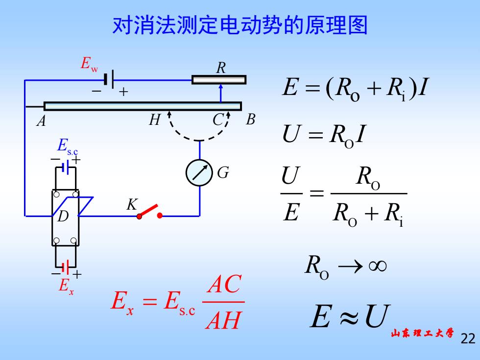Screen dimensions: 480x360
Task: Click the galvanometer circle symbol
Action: tap(199, 172)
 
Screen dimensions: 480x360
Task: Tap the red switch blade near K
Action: tap(149, 210)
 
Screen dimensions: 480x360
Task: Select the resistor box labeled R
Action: tap(219, 80)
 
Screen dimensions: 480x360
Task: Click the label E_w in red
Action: tap(89, 64)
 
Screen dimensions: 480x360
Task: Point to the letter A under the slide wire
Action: tap(41, 121)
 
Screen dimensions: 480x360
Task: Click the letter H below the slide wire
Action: tap(155, 120)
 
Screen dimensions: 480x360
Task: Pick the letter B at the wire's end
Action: tap(250, 120)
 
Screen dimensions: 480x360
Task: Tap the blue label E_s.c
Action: tap(68, 146)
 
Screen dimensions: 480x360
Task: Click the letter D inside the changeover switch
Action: tap(63, 216)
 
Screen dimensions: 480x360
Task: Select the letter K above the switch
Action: tap(132, 205)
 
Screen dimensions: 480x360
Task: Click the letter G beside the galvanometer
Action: tap(223, 172)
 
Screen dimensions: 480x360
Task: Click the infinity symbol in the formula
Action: tap(378, 265)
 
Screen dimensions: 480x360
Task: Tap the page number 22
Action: tap(468, 338)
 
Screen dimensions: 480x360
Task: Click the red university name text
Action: tap(422, 333)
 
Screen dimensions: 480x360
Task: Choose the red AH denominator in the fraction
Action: tap(223, 320)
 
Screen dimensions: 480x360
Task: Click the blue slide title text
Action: tap(240, 25)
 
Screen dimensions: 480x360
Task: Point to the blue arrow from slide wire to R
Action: tap(221, 94)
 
